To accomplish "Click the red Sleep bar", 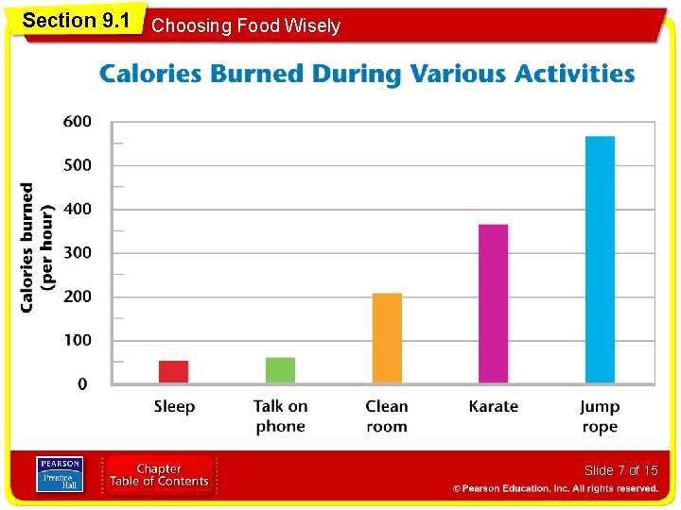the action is [174, 372].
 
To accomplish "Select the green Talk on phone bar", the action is [280, 370].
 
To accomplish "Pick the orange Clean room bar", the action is [387, 338].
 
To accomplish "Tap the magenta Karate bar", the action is [494, 303].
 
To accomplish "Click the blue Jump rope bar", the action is [601, 260].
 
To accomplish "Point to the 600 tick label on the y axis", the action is [78, 122].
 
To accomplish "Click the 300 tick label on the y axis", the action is [78, 253].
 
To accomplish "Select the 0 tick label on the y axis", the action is [82, 384].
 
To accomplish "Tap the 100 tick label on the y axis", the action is [78, 340].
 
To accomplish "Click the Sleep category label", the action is [174, 407].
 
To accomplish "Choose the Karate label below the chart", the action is [494, 406].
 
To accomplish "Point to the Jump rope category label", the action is [600, 416].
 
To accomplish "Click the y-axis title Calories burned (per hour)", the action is [37, 247].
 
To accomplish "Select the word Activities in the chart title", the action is [575, 74].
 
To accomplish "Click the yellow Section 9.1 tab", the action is [76, 21].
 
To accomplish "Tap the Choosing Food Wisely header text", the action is [246, 25].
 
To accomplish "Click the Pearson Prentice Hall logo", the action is [60, 474].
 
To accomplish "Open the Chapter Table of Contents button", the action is [159, 475].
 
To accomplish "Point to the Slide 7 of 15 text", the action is [621, 470].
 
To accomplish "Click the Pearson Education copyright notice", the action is [555, 489].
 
